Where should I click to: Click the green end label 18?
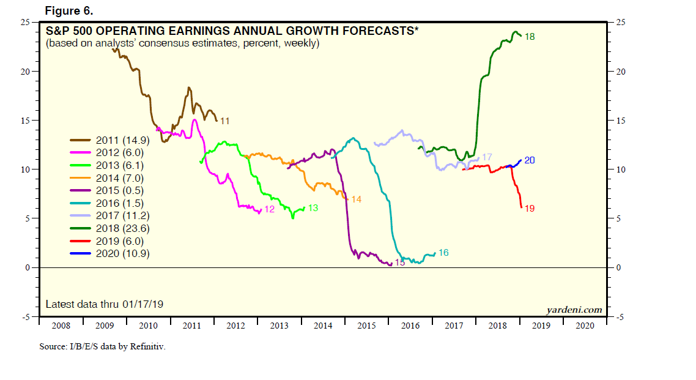click(530, 37)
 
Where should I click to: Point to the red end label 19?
click(530, 209)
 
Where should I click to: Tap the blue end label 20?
click(530, 160)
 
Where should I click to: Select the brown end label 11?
click(224, 121)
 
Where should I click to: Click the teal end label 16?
click(443, 253)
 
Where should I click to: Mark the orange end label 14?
click(356, 199)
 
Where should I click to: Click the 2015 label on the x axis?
click(366, 327)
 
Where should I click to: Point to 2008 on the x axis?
click(61, 327)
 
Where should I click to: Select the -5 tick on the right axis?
click(620, 317)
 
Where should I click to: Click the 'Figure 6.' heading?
click(69, 11)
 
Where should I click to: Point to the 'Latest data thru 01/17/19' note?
click(105, 304)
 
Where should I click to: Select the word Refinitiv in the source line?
click(145, 347)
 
